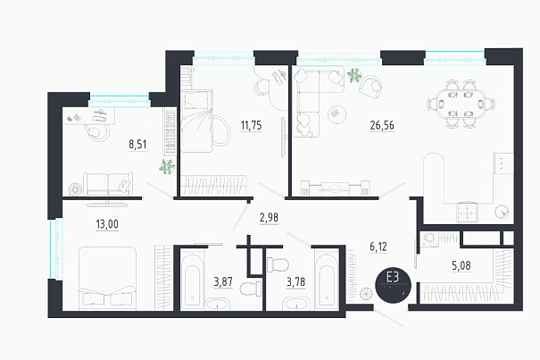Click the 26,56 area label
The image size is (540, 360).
(382, 125)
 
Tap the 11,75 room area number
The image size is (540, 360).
(251, 125)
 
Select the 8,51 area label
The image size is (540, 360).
(137, 144)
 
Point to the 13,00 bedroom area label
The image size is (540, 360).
(107, 224)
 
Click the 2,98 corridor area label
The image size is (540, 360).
(269, 218)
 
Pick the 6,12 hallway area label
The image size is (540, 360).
(378, 247)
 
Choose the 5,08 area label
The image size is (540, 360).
(461, 265)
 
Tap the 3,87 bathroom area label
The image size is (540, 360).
(223, 281)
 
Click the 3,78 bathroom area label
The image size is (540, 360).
(295, 281)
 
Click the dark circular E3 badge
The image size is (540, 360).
(393, 286)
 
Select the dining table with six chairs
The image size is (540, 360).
(461, 104)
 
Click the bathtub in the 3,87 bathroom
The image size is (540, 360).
(193, 280)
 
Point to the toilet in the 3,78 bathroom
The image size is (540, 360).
(278, 264)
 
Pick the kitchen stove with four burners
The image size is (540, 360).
(468, 212)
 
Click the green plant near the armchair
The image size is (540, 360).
(354, 75)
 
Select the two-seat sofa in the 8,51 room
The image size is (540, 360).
(108, 184)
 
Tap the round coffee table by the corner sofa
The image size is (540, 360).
(336, 113)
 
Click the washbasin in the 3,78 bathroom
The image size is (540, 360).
(296, 304)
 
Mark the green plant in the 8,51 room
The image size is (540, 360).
(167, 166)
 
